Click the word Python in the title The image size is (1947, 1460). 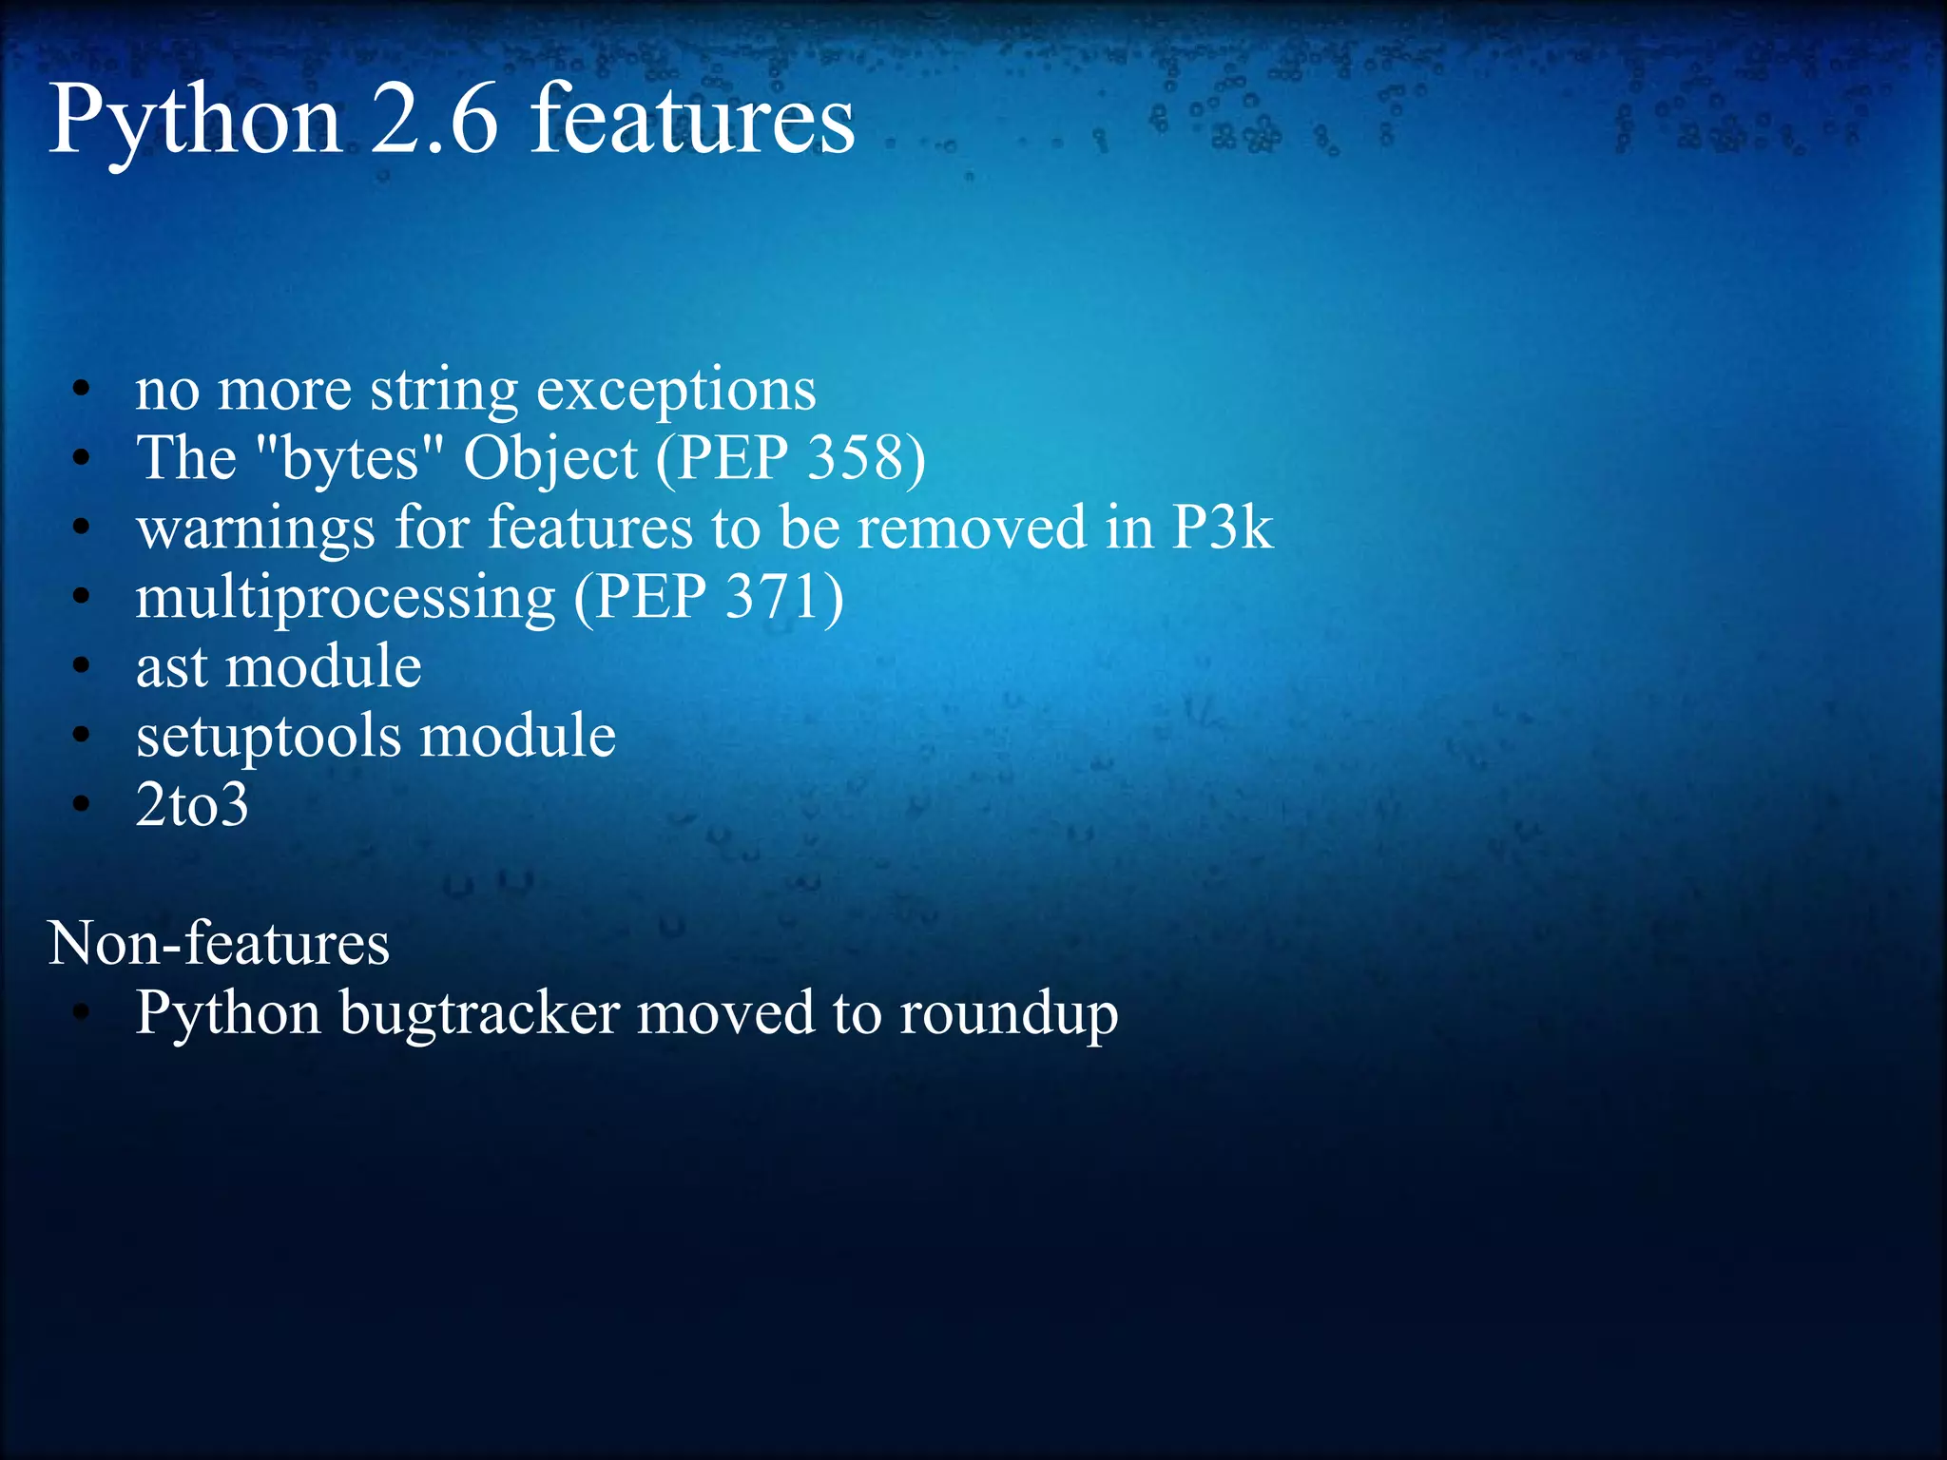click(195, 122)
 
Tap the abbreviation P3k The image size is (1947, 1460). click(1222, 528)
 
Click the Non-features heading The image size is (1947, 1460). click(219, 944)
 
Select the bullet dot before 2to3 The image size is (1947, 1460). click(82, 805)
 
